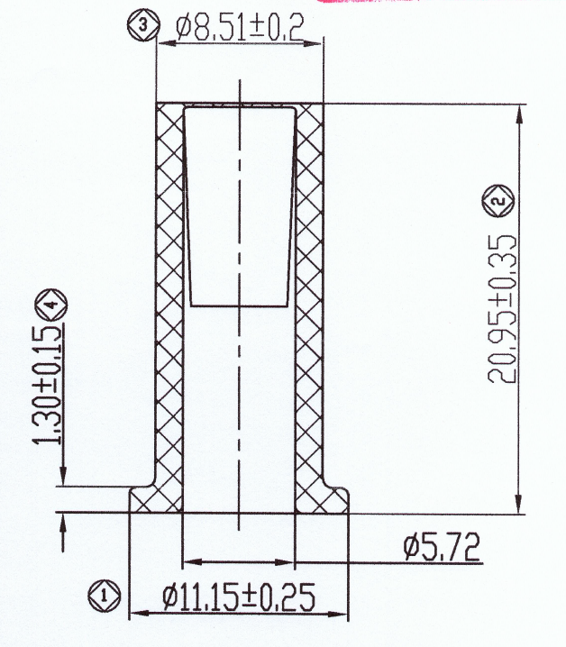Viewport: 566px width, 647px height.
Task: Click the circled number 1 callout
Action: (x=104, y=594)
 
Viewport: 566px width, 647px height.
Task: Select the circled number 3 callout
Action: (x=142, y=25)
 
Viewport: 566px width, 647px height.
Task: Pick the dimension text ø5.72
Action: (x=441, y=546)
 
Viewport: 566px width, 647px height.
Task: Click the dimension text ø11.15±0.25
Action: (x=239, y=596)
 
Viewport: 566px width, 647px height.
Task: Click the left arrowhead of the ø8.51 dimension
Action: (x=163, y=43)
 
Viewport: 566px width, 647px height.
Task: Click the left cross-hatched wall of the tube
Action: (x=169, y=297)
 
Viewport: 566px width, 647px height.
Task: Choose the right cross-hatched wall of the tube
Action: (x=309, y=297)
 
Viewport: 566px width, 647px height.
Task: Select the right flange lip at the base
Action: (x=333, y=500)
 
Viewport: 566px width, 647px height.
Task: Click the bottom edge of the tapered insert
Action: (x=240, y=307)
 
